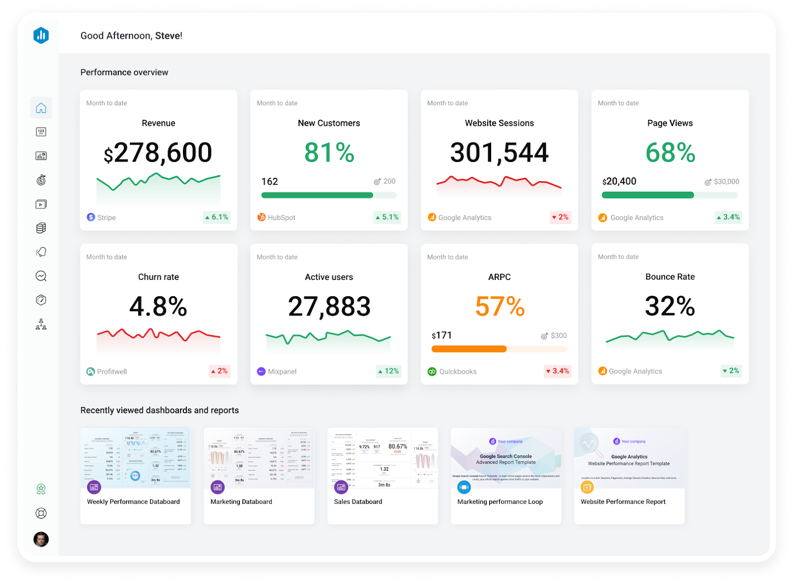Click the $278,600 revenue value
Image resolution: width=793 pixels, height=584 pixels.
pos(158,153)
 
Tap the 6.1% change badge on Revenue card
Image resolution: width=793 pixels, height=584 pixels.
pos(217,217)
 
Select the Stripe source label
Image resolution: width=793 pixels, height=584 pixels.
pos(106,217)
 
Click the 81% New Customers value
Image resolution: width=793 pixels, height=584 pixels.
pos(329,153)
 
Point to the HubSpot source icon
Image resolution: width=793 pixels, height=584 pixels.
pos(261,217)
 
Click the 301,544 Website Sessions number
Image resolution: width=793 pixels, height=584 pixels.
pos(499,153)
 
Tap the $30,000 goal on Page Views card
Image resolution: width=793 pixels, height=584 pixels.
pos(726,182)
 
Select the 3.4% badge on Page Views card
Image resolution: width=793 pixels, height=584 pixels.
pos(728,217)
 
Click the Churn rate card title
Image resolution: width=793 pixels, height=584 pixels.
pos(158,277)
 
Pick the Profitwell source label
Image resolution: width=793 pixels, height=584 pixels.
pos(112,372)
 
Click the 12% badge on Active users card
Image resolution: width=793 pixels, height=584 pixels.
pos(388,371)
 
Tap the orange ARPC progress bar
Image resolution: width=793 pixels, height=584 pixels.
pos(469,349)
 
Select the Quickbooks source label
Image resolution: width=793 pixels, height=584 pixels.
pos(457,372)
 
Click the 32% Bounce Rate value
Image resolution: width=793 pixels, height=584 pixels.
pos(670,306)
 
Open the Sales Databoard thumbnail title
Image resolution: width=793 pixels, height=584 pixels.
pos(358,502)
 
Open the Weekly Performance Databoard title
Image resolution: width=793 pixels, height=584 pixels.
pos(133,502)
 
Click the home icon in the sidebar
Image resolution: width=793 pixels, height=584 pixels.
pos(41,108)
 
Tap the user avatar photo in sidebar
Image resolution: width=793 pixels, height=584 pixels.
pos(41,539)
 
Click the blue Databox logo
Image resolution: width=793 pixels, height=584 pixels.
pos(41,35)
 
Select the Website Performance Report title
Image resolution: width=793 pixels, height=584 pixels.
pos(623,502)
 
